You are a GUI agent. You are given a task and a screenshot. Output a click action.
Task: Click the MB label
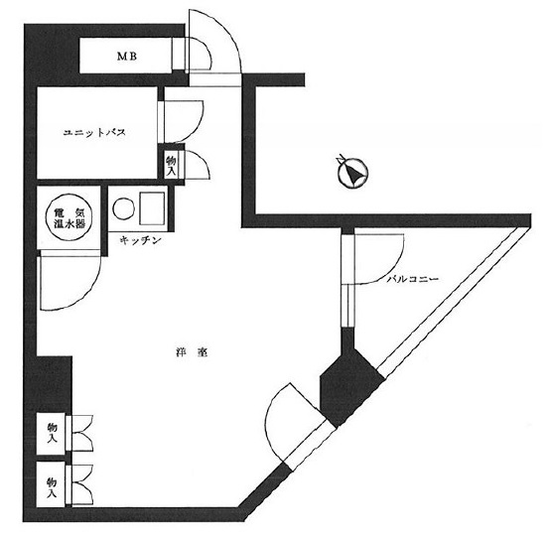coord(127,56)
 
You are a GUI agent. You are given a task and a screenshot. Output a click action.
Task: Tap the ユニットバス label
coord(94,133)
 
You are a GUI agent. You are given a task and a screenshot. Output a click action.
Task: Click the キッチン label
coord(140,240)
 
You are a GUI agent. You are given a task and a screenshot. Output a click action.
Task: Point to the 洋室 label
coord(192,352)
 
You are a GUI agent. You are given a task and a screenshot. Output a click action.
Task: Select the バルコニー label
coord(412,279)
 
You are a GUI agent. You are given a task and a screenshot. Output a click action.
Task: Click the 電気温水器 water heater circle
coord(69,217)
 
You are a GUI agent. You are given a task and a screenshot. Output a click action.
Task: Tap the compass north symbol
coord(352,172)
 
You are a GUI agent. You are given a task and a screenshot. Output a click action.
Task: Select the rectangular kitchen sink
coord(152,208)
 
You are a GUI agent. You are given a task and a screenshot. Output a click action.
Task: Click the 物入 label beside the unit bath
coord(171,165)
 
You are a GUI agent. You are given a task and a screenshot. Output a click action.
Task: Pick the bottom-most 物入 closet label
coord(52,487)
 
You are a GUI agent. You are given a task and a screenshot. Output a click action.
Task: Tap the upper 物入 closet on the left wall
coord(52,434)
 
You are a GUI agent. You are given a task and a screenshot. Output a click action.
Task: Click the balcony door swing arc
coord(396,265)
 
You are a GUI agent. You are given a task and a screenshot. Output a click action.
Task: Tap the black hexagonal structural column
coord(350,387)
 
